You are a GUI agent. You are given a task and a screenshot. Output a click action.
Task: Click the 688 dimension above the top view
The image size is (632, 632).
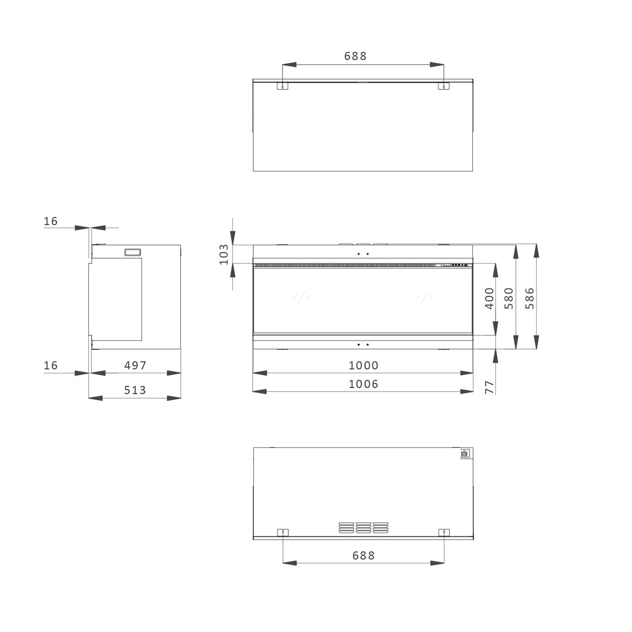355,56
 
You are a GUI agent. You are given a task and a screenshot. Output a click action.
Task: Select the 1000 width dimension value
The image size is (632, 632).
363,365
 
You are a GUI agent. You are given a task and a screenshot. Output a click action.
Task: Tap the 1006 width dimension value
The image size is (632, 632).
363,384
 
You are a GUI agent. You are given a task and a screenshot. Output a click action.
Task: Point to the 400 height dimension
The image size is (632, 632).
489,298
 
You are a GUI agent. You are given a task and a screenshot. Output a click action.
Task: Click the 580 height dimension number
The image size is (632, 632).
509,298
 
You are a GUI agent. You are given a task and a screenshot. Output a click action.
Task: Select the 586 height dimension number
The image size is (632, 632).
529,298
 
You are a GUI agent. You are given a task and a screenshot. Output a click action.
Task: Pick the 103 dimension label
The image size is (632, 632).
224,254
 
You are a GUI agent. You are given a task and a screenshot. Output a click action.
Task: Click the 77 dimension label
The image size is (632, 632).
489,387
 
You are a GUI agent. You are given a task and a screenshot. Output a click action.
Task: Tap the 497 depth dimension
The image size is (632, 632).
135,365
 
